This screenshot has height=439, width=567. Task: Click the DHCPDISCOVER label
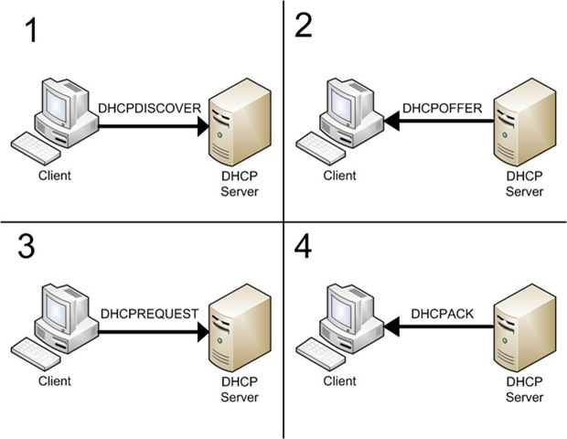click(148, 109)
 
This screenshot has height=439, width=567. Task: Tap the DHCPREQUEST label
click(149, 314)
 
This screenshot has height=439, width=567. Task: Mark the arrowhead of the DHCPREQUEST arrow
click(202, 332)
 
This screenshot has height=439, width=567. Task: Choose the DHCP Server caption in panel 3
click(239, 391)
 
